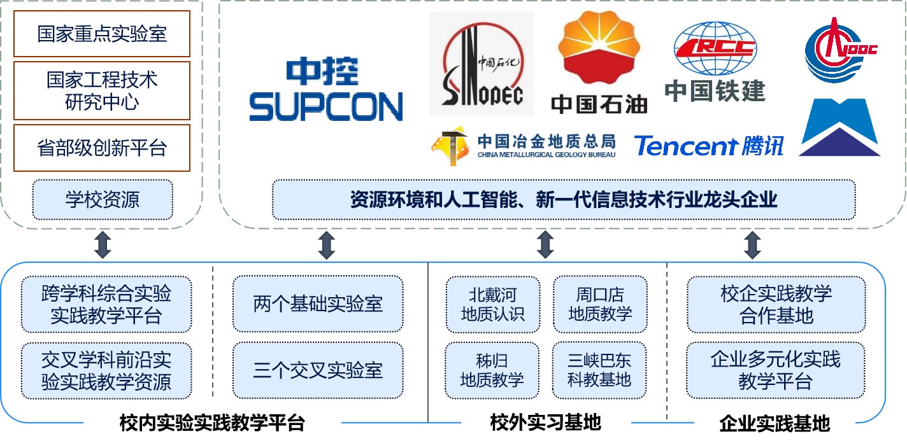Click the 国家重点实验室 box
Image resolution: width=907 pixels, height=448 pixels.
[102, 34]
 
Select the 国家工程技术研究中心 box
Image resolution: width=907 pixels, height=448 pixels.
[102, 90]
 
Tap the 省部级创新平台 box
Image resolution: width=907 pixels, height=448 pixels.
[102, 148]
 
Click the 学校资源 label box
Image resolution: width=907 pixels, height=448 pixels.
[102, 200]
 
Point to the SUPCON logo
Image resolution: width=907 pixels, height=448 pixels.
[325, 90]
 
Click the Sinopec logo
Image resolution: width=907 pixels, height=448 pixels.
[482, 64]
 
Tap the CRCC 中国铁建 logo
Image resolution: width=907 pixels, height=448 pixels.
[715, 62]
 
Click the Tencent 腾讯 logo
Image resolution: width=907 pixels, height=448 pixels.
[708, 146]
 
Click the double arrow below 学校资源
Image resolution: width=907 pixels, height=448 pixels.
[102, 245]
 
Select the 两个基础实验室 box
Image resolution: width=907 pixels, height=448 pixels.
[318, 304]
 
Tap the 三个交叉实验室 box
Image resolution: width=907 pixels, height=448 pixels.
[318, 370]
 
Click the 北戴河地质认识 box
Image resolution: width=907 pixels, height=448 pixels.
[492, 304]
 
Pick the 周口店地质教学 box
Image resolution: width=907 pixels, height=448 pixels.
[600, 304]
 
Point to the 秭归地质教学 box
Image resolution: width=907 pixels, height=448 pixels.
[492, 370]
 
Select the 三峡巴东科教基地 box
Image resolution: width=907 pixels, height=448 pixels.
[600, 370]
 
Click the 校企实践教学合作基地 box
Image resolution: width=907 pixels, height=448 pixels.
[776, 304]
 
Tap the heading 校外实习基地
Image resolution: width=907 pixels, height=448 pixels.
[545, 422]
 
